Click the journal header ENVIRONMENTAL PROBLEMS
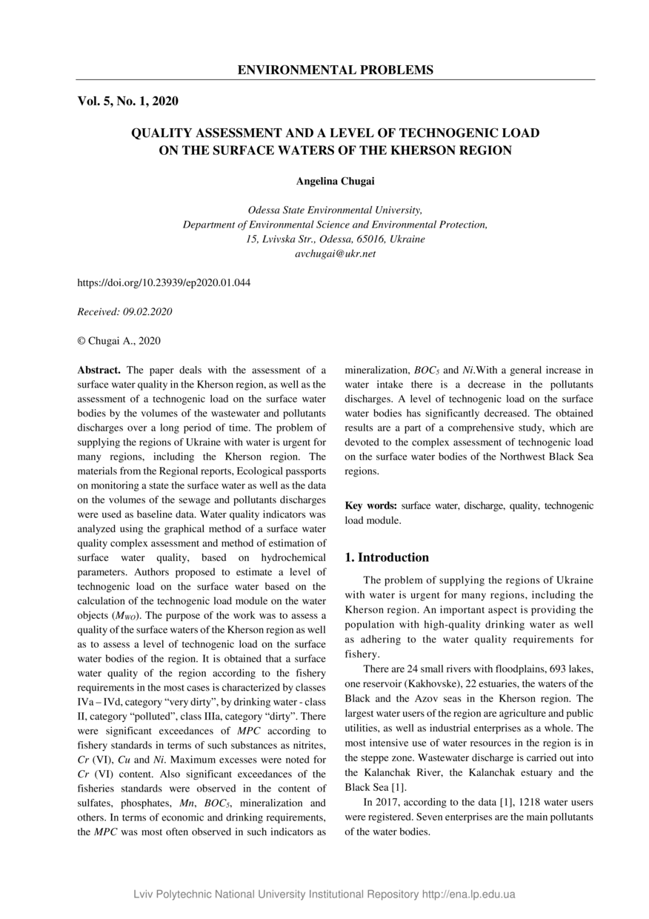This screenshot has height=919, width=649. coord(335,70)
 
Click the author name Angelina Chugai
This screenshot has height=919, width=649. coord(335,181)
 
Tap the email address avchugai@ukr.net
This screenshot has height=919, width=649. coord(335,253)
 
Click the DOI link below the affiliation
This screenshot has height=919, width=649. coord(164,283)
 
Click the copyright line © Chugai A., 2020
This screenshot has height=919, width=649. coord(119,341)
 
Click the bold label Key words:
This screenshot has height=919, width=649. coord(371,506)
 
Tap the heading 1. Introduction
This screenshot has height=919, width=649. coord(387,557)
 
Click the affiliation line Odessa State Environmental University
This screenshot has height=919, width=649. coord(335,210)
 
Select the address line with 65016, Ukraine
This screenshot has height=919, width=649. coord(335,239)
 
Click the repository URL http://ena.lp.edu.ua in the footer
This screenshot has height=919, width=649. coord(468,895)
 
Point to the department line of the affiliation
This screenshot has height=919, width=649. coord(335,225)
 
